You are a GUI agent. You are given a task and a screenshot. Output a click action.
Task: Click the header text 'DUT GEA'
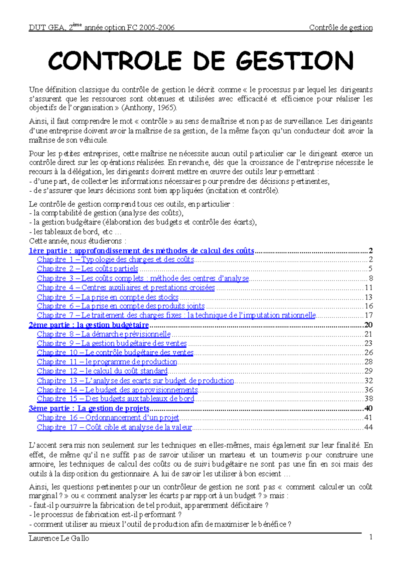pyautogui.click(x=47, y=28)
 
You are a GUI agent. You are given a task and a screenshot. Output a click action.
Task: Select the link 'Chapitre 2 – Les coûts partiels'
pyautogui.click(x=88, y=269)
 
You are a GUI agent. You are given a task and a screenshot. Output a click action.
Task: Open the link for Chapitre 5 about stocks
pyautogui.click(x=108, y=297)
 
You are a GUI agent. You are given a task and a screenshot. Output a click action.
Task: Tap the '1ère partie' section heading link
pyautogui.click(x=141, y=251)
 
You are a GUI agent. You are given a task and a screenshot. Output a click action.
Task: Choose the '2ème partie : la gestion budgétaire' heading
pyautogui.click(x=89, y=325)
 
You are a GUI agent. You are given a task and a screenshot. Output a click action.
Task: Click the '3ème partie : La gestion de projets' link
pyautogui.click(x=89, y=408)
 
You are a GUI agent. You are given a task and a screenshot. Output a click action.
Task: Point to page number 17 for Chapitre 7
pyautogui.click(x=369, y=315)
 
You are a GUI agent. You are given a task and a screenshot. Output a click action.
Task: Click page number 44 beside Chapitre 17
pyautogui.click(x=369, y=427)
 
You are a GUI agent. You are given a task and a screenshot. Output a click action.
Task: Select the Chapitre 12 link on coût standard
pyautogui.click(x=102, y=371)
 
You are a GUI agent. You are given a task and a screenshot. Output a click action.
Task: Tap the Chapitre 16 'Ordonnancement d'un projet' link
pyautogui.click(x=108, y=418)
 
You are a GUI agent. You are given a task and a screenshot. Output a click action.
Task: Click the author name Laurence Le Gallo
pyautogui.click(x=59, y=538)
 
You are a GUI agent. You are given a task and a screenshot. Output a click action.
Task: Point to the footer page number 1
pyautogui.click(x=371, y=537)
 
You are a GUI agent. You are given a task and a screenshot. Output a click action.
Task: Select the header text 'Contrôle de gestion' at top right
pyautogui.click(x=341, y=28)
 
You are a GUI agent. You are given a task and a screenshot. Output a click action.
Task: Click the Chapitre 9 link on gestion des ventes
pyautogui.click(x=112, y=343)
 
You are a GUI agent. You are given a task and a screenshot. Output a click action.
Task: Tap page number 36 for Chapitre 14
pyautogui.click(x=369, y=390)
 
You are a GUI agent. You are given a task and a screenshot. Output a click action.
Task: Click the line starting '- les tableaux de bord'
pyautogui.click(x=75, y=232)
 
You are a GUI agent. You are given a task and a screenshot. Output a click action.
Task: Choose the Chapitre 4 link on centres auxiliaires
pyautogui.click(x=126, y=288)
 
